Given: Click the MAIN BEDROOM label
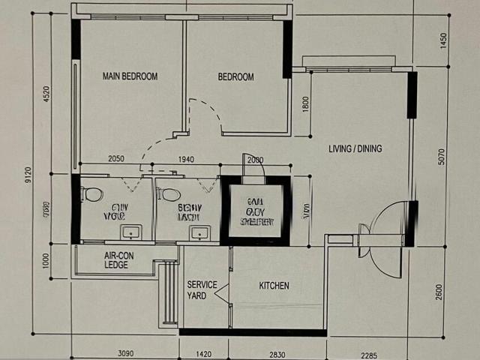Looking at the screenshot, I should click(130, 76).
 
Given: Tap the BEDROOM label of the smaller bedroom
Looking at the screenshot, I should click(235, 76).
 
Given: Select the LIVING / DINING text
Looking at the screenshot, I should click(355, 148).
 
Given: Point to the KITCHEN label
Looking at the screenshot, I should click(274, 286).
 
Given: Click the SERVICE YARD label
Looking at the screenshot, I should click(202, 289).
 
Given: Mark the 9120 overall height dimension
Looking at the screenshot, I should click(28, 175).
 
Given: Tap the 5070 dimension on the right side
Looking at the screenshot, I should click(442, 156).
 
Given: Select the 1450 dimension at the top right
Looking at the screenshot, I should click(443, 40).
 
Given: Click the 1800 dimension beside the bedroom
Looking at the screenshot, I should click(305, 103).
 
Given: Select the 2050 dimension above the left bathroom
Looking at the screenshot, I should click(116, 160).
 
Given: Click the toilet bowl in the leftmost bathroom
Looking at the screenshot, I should click(93, 194).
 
